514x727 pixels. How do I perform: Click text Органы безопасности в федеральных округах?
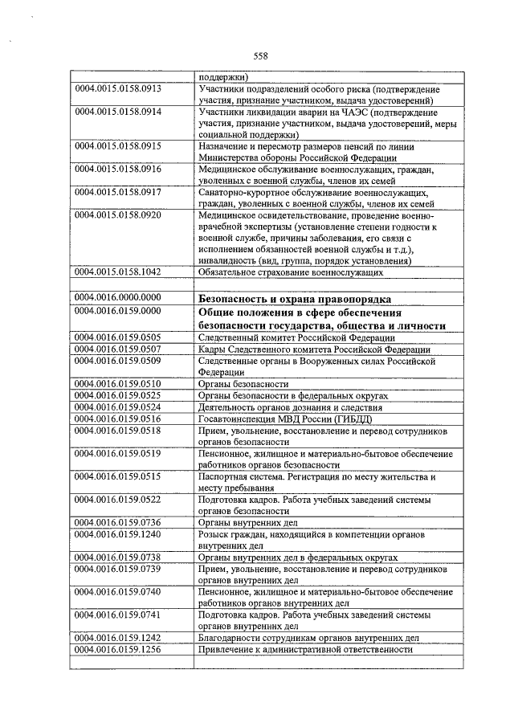[293, 396]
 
